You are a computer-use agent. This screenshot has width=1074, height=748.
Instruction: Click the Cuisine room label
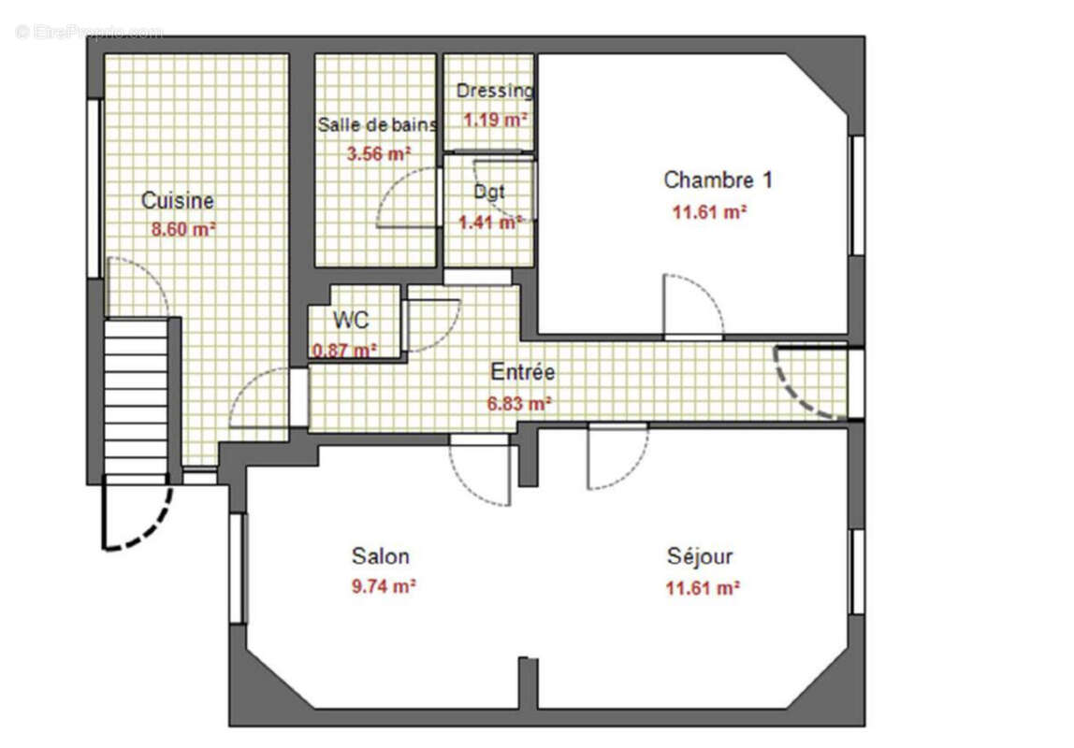(177, 200)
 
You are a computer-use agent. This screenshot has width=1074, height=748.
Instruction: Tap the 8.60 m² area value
(183, 229)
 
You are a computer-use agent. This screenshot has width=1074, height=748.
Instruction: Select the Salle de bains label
(376, 124)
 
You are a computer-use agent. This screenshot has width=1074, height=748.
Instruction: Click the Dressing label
(494, 91)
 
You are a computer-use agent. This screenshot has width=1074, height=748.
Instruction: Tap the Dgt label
(488, 192)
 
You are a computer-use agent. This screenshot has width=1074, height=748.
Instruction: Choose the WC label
(351, 320)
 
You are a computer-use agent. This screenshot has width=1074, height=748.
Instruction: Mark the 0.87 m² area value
(344, 350)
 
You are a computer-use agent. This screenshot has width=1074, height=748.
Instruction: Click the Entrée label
(523, 372)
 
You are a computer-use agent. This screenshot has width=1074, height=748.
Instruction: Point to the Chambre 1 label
(718, 180)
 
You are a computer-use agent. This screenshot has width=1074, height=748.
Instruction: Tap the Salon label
(380, 556)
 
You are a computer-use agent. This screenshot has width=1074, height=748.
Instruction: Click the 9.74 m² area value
(383, 587)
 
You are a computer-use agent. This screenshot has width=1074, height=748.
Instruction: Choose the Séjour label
(700, 556)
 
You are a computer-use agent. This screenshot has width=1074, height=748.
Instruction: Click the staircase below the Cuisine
(136, 397)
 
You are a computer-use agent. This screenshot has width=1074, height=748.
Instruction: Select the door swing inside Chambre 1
(692, 304)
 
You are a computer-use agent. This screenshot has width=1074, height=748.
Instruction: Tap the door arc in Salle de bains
(407, 198)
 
